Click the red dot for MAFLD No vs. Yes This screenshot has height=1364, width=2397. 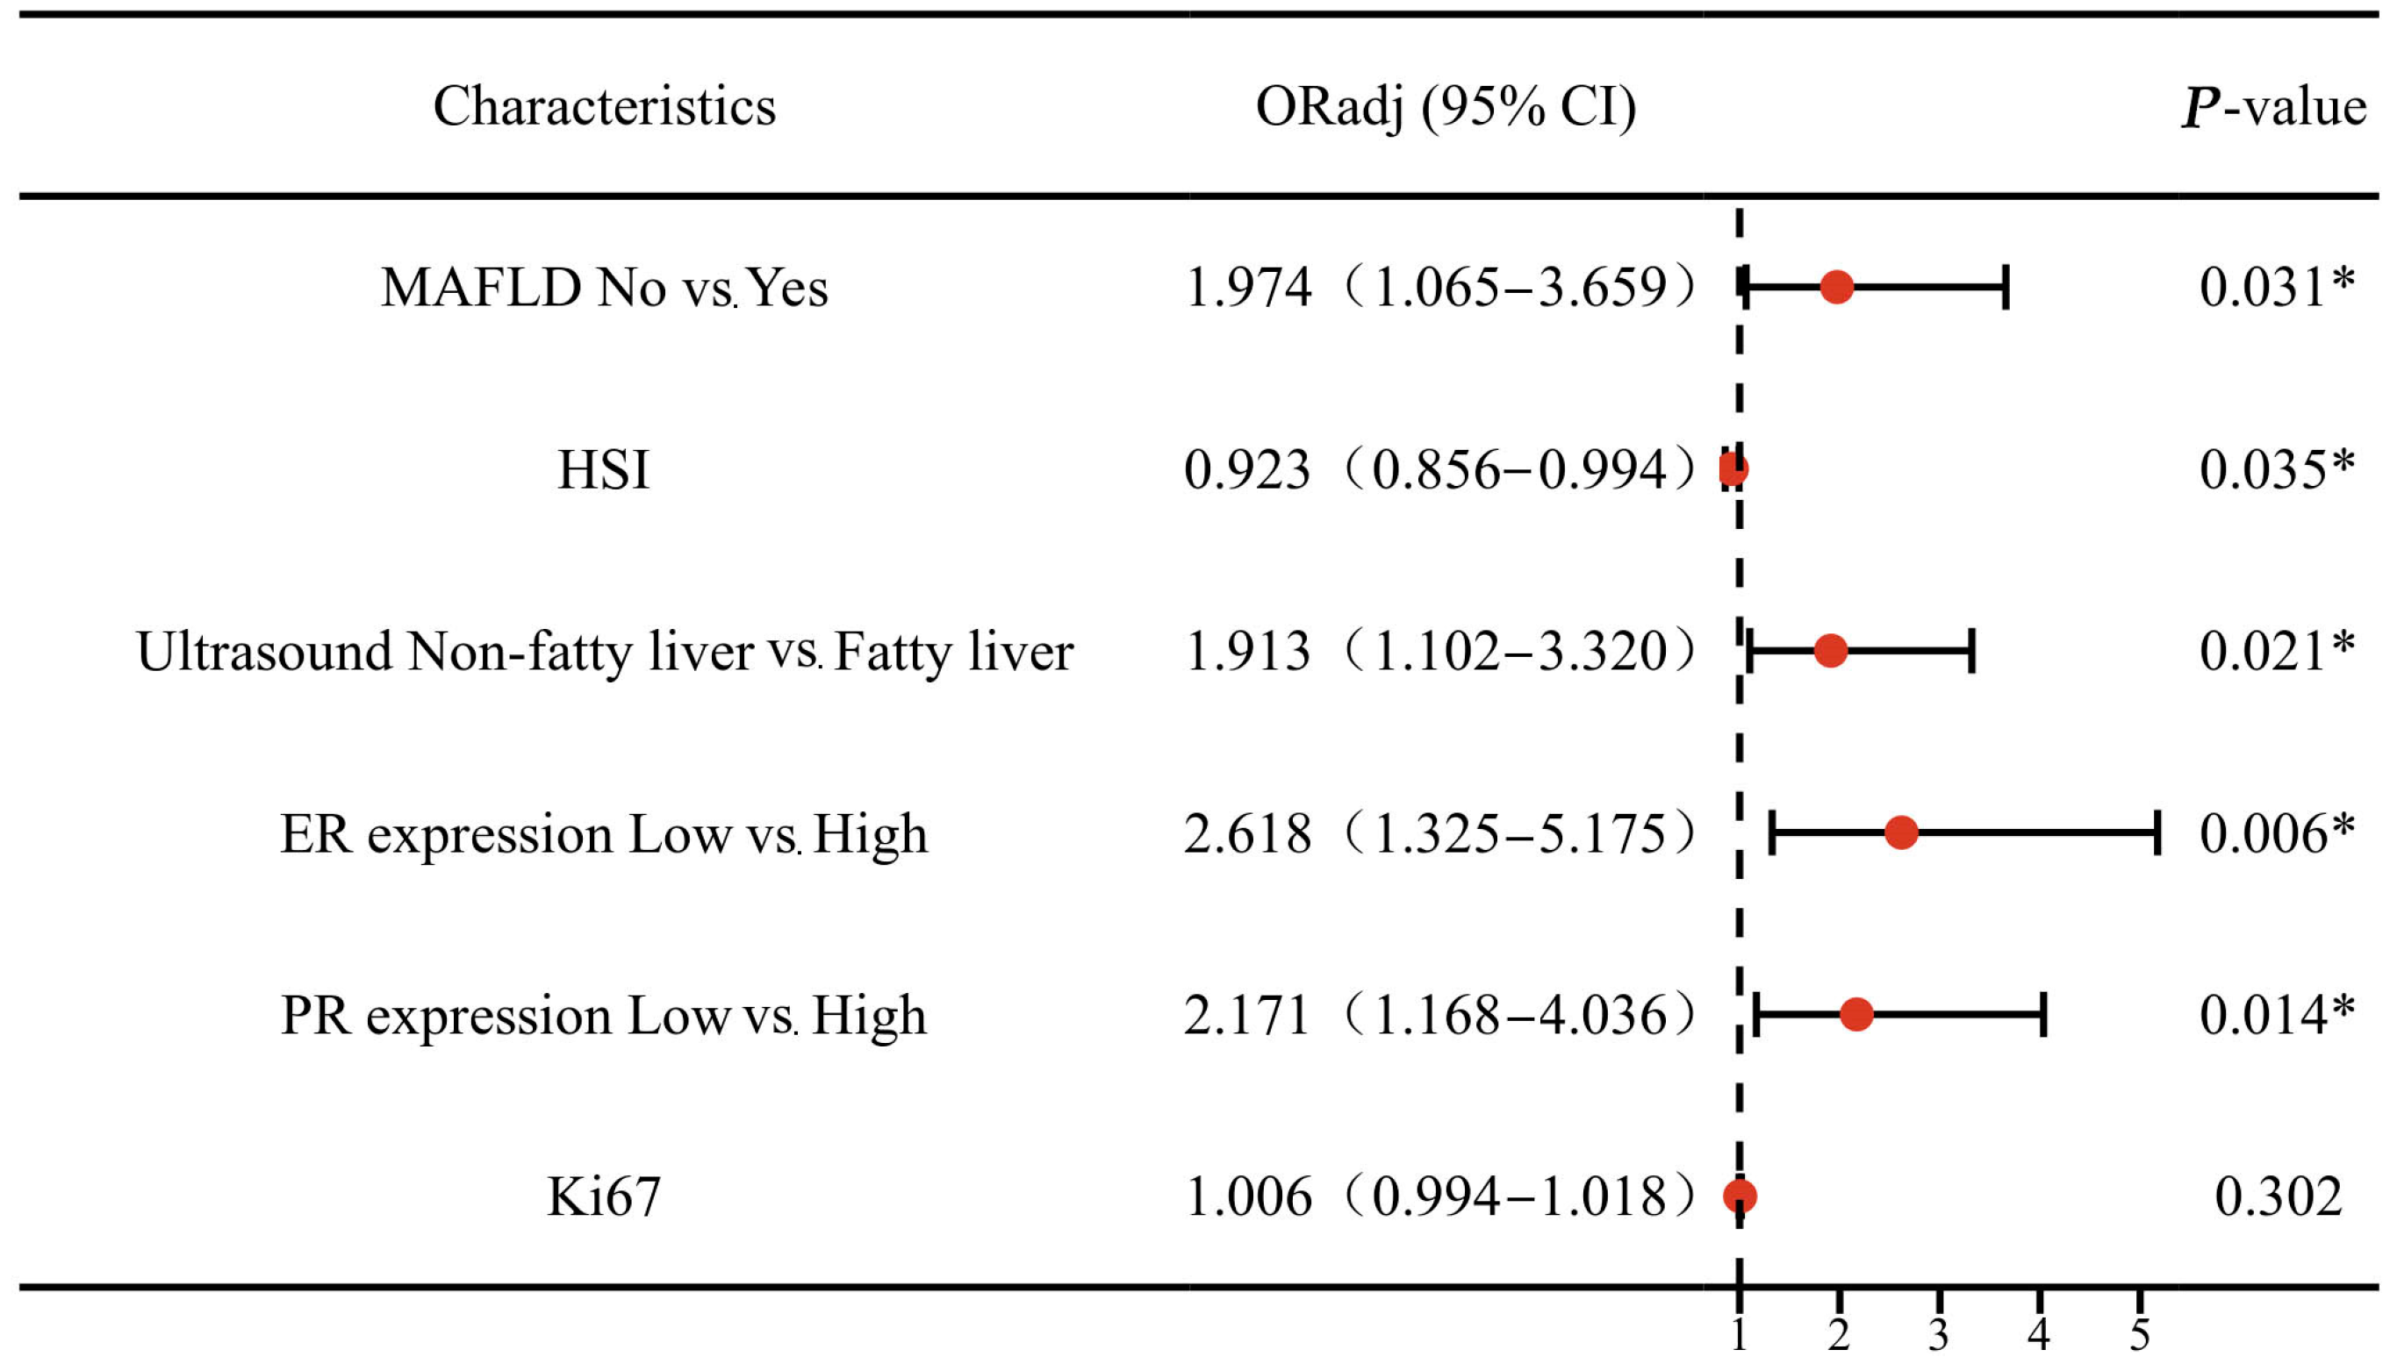point(1837,287)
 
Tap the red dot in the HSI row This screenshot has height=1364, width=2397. point(1733,468)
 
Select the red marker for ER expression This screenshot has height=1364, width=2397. point(1901,832)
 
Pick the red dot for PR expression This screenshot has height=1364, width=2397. point(1856,1015)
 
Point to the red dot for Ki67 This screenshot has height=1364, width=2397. point(1740,1196)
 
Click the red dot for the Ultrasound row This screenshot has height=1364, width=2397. point(1831,650)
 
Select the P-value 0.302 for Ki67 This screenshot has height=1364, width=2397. point(2278,1196)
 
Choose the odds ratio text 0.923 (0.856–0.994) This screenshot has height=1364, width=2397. point(1440,468)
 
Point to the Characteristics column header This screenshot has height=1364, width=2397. point(605,106)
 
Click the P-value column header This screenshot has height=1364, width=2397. point(2274,106)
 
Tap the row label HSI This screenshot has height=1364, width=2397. point(604,469)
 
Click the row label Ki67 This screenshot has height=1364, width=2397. point(604,1197)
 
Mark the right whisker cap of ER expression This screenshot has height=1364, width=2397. point(2158,832)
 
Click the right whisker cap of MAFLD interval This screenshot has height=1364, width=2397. point(2006,287)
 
